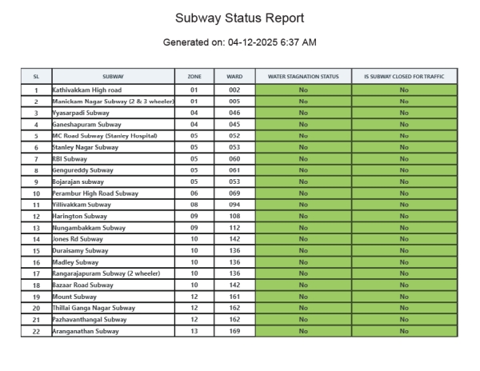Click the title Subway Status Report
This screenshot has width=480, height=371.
pyautogui.click(x=239, y=18)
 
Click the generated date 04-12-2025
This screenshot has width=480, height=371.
pyautogui.click(x=262, y=42)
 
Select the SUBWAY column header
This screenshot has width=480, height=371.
pyautogui.click(x=113, y=76)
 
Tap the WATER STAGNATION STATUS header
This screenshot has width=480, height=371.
pyautogui.click(x=303, y=76)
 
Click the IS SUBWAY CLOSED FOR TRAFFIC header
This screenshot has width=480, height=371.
pyautogui.click(x=404, y=76)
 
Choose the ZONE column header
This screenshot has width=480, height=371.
pyautogui.click(x=194, y=76)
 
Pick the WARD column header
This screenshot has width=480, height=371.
pyautogui.click(x=234, y=76)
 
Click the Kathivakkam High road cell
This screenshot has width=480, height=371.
pyautogui.click(x=87, y=90)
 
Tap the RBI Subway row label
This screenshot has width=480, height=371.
pyautogui.click(x=74, y=159)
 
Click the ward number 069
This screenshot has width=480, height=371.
pyautogui.click(x=234, y=193)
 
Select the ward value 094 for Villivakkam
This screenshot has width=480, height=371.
pyautogui.click(x=234, y=205)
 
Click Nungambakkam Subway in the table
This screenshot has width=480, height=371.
pyautogui.click(x=89, y=228)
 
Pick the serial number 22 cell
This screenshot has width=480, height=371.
pyautogui.click(x=36, y=331)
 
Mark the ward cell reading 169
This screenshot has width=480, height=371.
pyautogui.click(x=234, y=331)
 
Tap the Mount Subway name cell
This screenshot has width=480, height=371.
pyautogui.click(x=74, y=297)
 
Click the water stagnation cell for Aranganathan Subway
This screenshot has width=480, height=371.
pyautogui.click(x=303, y=331)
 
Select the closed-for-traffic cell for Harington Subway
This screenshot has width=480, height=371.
pyautogui.click(x=404, y=217)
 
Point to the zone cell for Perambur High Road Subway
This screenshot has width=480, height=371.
pyautogui.click(x=194, y=193)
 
